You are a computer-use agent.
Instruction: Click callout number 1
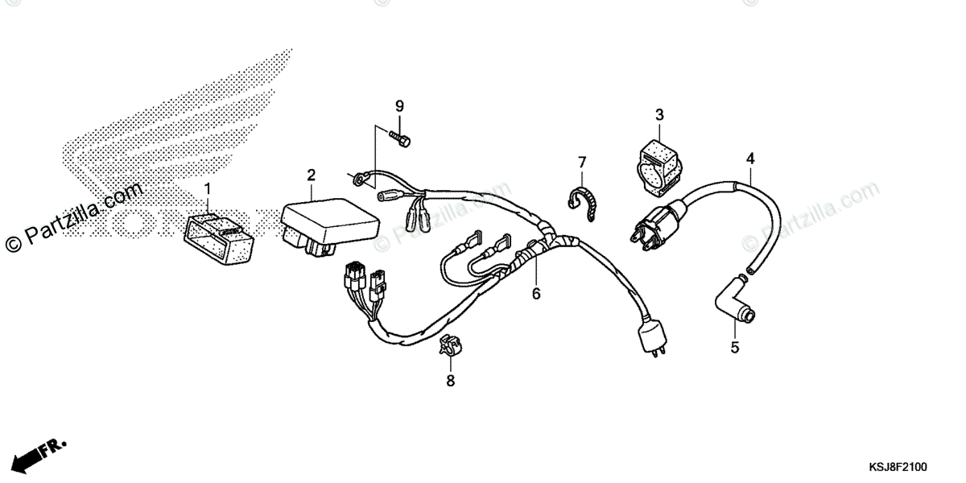(x=207, y=190)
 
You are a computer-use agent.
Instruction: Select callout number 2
(x=311, y=175)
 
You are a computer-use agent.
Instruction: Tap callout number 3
(x=658, y=115)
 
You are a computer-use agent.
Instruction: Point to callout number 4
(x=749, y=158)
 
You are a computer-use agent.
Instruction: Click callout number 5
(x=734, y=348)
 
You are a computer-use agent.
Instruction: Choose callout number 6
(x=536, y=294)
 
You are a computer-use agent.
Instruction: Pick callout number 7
(x=582, y=164)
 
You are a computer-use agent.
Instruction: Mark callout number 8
(x=450, y=380)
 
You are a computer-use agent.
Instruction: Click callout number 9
(x=398, y=107)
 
